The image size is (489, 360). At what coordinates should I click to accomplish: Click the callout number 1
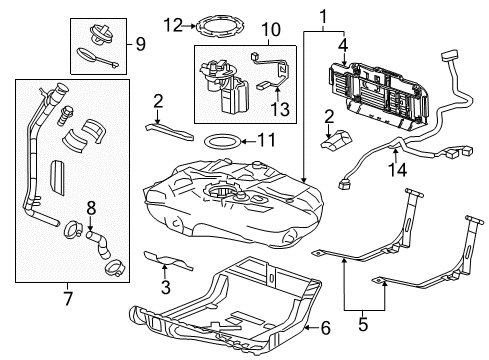322,16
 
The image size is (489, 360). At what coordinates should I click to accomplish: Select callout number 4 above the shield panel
343,44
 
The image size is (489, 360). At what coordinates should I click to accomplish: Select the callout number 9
140,44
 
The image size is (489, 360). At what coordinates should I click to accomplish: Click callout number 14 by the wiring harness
400,171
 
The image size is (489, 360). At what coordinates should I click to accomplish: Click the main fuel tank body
225,205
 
